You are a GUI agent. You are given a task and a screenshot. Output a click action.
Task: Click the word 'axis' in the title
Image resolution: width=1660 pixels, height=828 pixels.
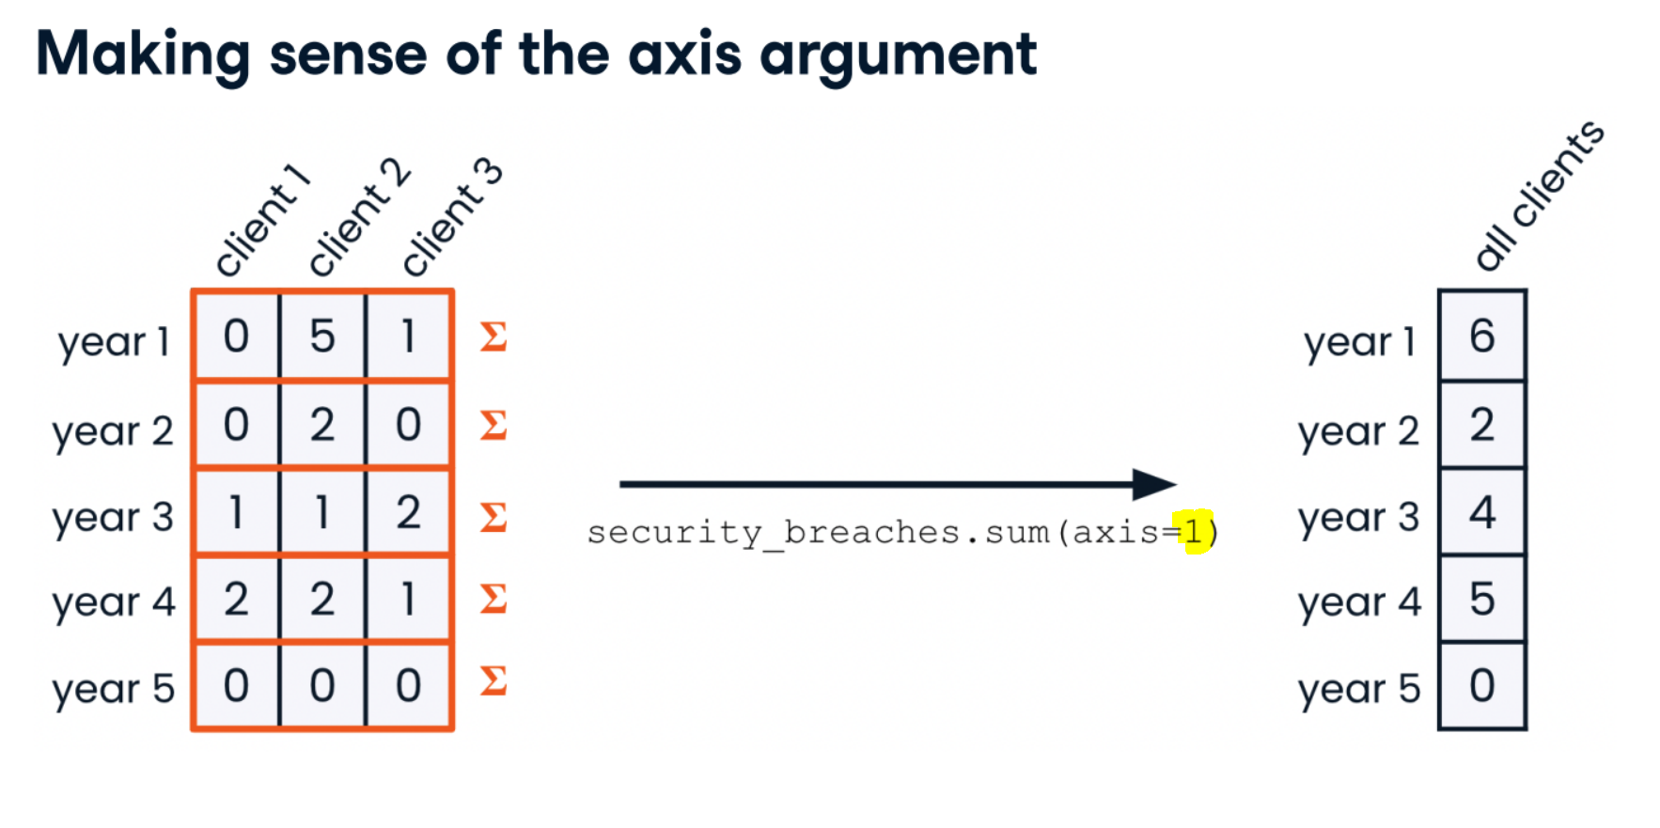click(x=684, y=54)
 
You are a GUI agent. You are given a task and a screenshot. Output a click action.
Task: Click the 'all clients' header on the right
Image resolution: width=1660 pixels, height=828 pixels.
click(x=1539, y=195)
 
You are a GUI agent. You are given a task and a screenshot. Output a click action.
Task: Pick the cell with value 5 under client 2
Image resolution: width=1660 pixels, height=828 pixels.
click(x=322, y=336)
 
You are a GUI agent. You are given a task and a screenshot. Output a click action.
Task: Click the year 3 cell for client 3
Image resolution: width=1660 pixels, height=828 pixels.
click(x=408, y=512)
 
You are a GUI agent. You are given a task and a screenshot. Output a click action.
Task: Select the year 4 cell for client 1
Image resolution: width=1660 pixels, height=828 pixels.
click(x=236, y=600)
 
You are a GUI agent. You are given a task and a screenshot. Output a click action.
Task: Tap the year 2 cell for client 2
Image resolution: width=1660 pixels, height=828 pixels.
click(x=322, y=425)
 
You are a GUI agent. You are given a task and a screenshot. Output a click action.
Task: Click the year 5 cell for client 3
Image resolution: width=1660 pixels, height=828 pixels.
click(x=408, y=686)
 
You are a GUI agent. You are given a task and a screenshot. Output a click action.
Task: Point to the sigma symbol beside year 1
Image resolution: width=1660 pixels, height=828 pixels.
click(x=493, y=336)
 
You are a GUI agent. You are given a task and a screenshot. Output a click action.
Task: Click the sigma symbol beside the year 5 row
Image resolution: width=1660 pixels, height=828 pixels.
click(x=493, y=680)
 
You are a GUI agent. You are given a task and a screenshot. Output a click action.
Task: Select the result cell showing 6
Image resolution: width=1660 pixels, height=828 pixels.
click(x=1482, y=336)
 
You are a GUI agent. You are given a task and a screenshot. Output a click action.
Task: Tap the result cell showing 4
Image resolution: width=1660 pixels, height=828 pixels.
click(x=1482, y=512)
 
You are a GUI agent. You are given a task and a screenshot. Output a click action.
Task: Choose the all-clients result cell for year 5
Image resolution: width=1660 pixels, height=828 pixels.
click(x=1482, y=686)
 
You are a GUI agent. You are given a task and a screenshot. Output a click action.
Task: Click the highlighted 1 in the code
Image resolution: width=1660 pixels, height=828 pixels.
click(x=1193, y=532)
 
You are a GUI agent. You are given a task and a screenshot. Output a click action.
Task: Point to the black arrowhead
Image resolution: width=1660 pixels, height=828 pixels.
click(x=1155, y=484)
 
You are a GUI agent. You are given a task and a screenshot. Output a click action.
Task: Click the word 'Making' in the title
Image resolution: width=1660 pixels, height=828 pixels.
click(x=143, y=55)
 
